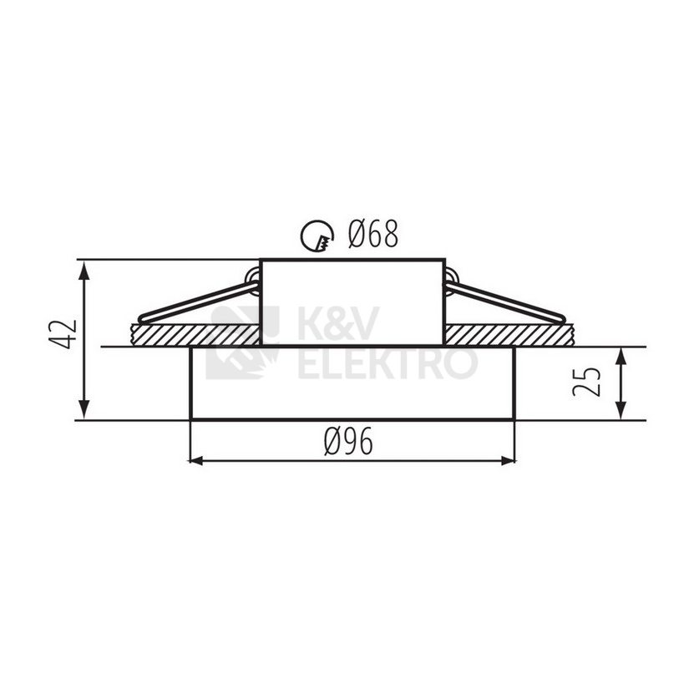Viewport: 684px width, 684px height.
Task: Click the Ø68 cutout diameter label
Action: (x=373, y=234)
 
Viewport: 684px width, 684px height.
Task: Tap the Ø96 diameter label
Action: (x=348, y=441)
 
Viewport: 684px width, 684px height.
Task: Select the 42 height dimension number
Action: (x=63, y=335)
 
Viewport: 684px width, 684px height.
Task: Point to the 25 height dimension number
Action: (x=586, y=382)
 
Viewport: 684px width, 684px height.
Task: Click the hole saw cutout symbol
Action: (x=317, y=236)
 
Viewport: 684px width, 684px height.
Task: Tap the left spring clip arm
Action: (x=199, y=301)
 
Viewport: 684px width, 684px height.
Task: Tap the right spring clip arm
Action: (x=505, y=301)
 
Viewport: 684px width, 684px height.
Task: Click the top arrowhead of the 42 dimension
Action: (x=84, y=271)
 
